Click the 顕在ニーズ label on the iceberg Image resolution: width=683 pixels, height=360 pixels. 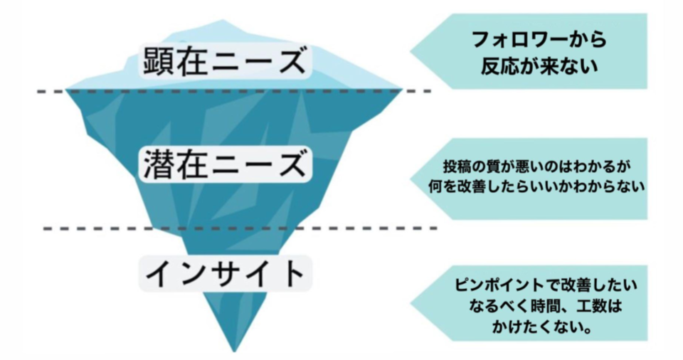[224, 61]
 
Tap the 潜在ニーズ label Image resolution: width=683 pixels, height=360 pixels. [224, 164]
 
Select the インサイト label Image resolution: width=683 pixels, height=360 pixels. [224, 273]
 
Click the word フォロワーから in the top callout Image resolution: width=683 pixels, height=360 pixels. [539, 39]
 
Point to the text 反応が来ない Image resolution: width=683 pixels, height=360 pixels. [539, 66]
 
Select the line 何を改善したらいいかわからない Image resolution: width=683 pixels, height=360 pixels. [536, 186]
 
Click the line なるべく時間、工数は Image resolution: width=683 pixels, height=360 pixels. [546, 305]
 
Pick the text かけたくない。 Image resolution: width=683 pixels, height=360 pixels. [542, 326]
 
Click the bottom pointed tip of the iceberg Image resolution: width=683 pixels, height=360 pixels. [234, 351]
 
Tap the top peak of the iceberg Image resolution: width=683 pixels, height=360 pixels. [223, 20]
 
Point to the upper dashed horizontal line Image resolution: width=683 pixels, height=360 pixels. [234, 92]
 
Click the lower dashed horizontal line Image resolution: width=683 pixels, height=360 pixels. [240, 228]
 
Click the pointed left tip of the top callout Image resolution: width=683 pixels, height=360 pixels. [411, 51]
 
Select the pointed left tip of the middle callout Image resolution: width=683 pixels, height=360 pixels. [411, 179]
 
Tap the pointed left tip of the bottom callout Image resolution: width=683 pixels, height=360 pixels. [411, 303]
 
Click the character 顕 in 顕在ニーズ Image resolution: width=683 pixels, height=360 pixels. [159, 61]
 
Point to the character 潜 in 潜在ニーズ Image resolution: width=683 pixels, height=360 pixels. [159, 164]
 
